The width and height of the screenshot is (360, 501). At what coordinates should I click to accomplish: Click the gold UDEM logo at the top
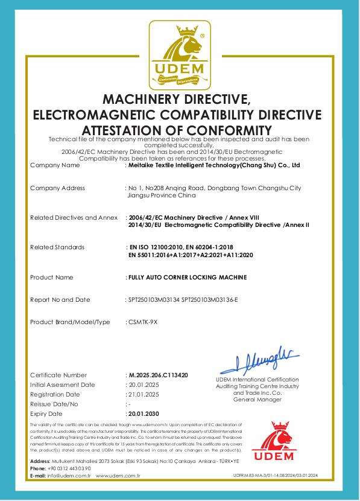180,55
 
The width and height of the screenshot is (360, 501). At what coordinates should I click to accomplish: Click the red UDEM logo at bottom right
273,445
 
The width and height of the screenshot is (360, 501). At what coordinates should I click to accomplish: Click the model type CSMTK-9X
142,322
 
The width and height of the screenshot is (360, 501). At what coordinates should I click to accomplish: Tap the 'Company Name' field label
54,165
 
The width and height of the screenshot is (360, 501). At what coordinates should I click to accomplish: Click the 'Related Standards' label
57,247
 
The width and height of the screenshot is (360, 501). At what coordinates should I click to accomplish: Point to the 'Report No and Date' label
60,299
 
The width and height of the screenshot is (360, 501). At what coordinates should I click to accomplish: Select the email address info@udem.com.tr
69,476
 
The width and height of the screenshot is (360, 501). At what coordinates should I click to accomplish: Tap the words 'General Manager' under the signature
257,400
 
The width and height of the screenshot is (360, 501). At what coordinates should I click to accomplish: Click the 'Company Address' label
57,188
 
